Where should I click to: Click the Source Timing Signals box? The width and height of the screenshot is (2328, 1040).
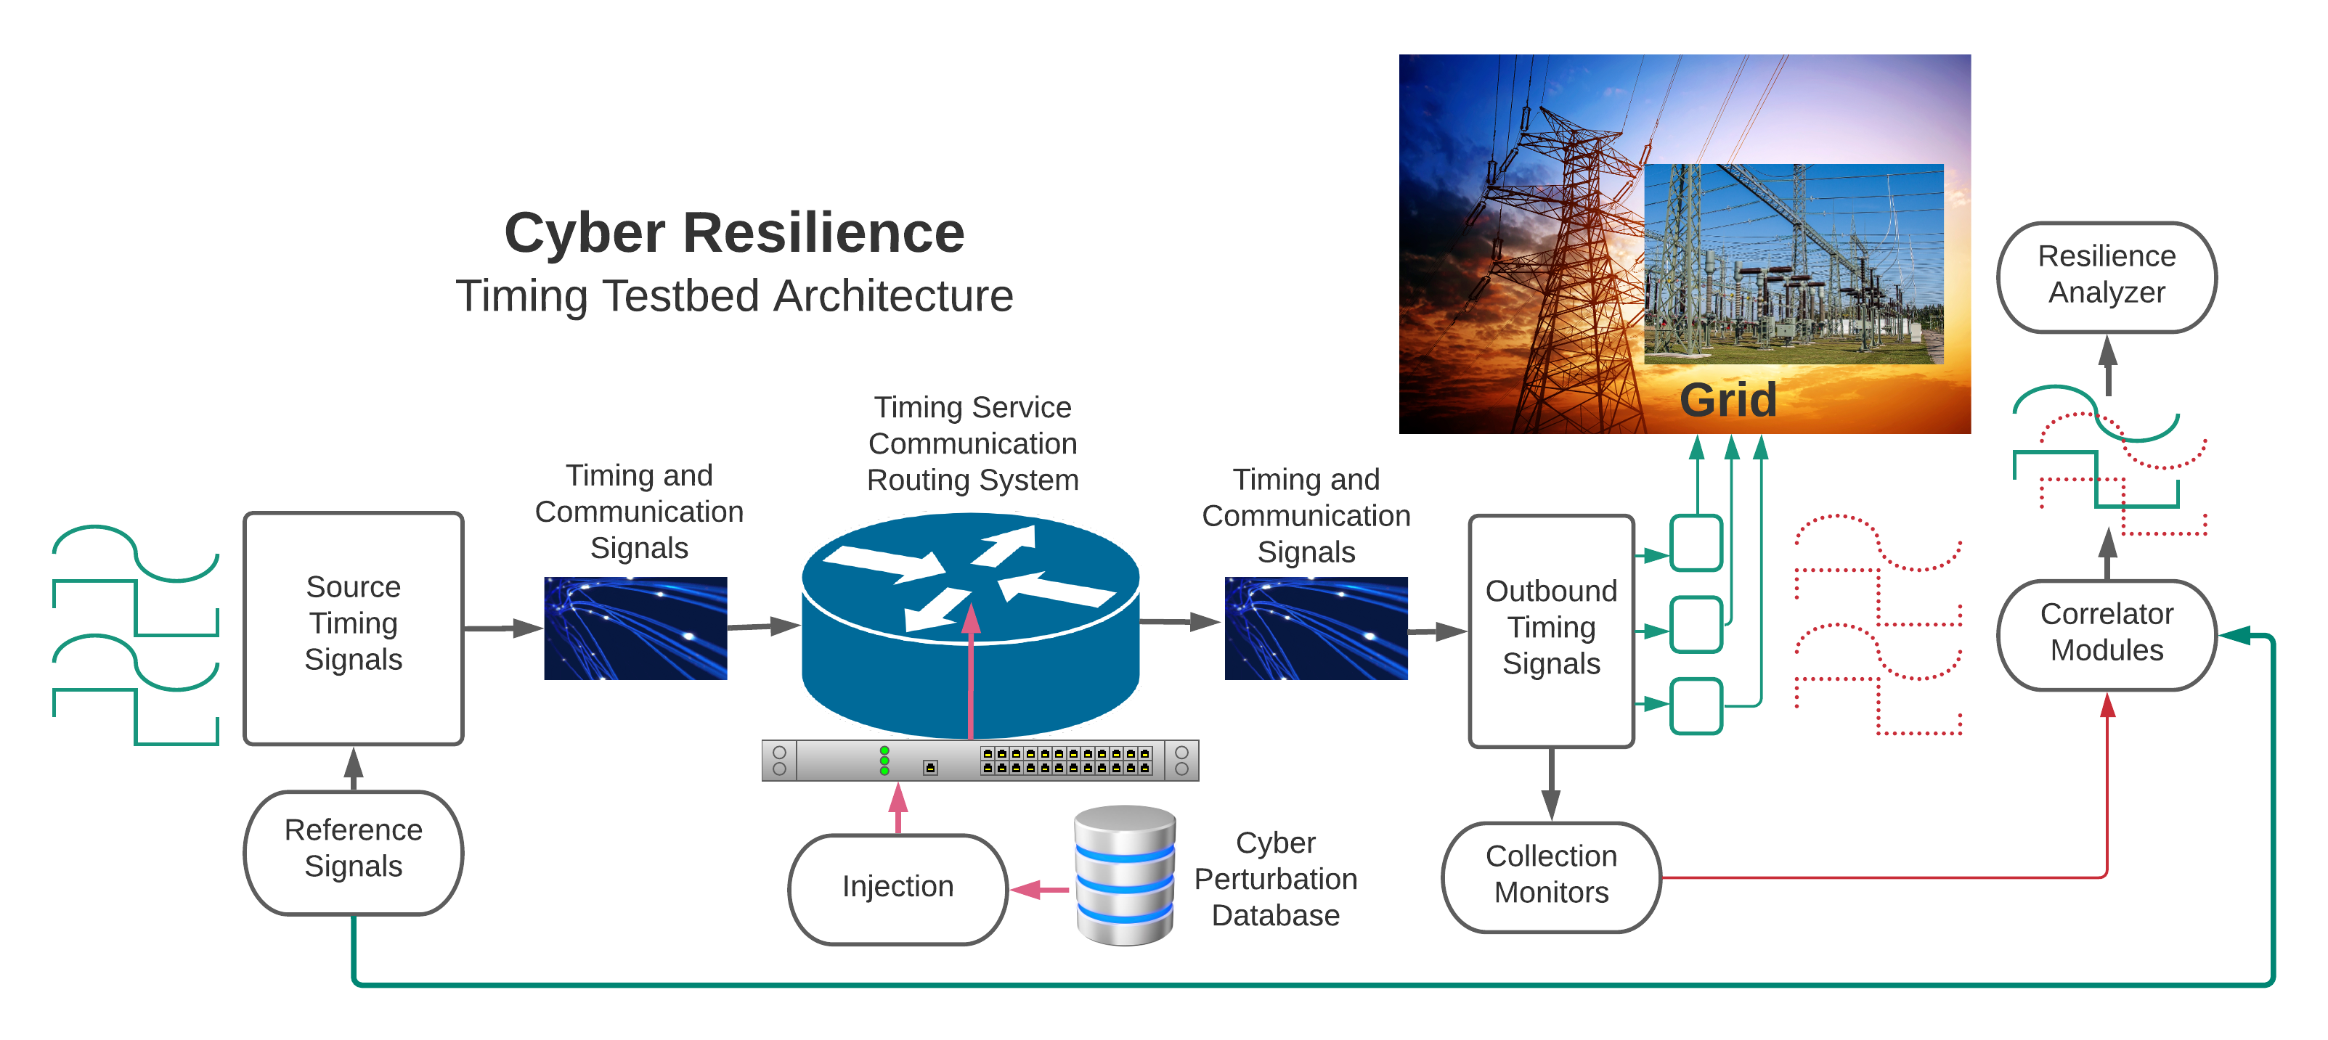coord(354,627)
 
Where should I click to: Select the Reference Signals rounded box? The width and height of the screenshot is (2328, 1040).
coord(354,851)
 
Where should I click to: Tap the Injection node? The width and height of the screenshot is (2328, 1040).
coord(898,888)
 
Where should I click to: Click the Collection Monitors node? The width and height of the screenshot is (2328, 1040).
coord(1551,875)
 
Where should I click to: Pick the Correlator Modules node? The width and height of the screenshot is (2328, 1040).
coord(2106,634)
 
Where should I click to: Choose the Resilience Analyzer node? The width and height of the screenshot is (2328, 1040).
coord(2106,276)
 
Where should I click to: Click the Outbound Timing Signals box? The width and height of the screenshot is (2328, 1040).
coord(1551,629)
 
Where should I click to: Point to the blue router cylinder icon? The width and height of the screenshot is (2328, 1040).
coord(969,623)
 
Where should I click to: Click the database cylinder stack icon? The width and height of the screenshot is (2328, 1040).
coord(1124,875)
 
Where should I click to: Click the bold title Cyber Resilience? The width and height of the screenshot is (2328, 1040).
coord(734,233)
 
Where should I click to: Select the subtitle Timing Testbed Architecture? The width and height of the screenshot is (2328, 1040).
coord(734,296)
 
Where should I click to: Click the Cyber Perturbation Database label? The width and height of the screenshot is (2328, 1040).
coord(1275,879)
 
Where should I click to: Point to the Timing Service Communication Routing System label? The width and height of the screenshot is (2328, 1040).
coord(972,443)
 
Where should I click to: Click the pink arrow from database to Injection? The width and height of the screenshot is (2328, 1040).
coord(1039,890)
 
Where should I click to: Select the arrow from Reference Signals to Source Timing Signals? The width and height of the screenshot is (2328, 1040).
coord(354,768)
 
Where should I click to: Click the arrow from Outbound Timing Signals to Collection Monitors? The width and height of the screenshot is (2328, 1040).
coord(1551,785)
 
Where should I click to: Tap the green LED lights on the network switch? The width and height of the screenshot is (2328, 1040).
coord(884,761)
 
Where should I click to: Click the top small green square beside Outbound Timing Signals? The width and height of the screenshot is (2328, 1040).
coord(1696,543)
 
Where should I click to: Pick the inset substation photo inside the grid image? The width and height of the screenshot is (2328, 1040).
coord(1793,264)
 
